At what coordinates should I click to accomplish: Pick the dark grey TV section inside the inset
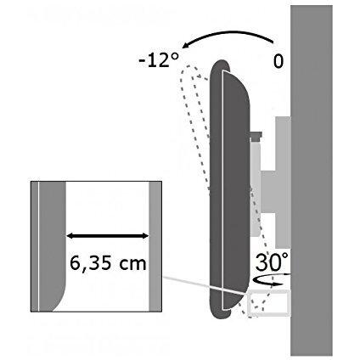51,246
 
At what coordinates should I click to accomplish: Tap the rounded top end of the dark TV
220,66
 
